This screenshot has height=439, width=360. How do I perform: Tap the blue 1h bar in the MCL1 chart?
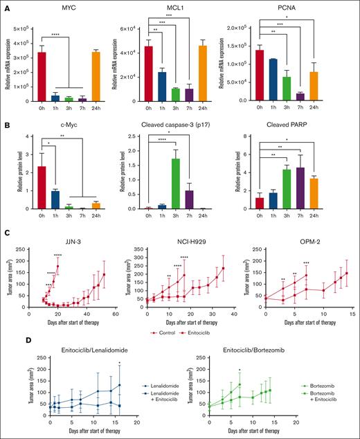click(160, 87)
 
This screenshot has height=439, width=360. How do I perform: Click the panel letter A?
click(6, 6)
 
